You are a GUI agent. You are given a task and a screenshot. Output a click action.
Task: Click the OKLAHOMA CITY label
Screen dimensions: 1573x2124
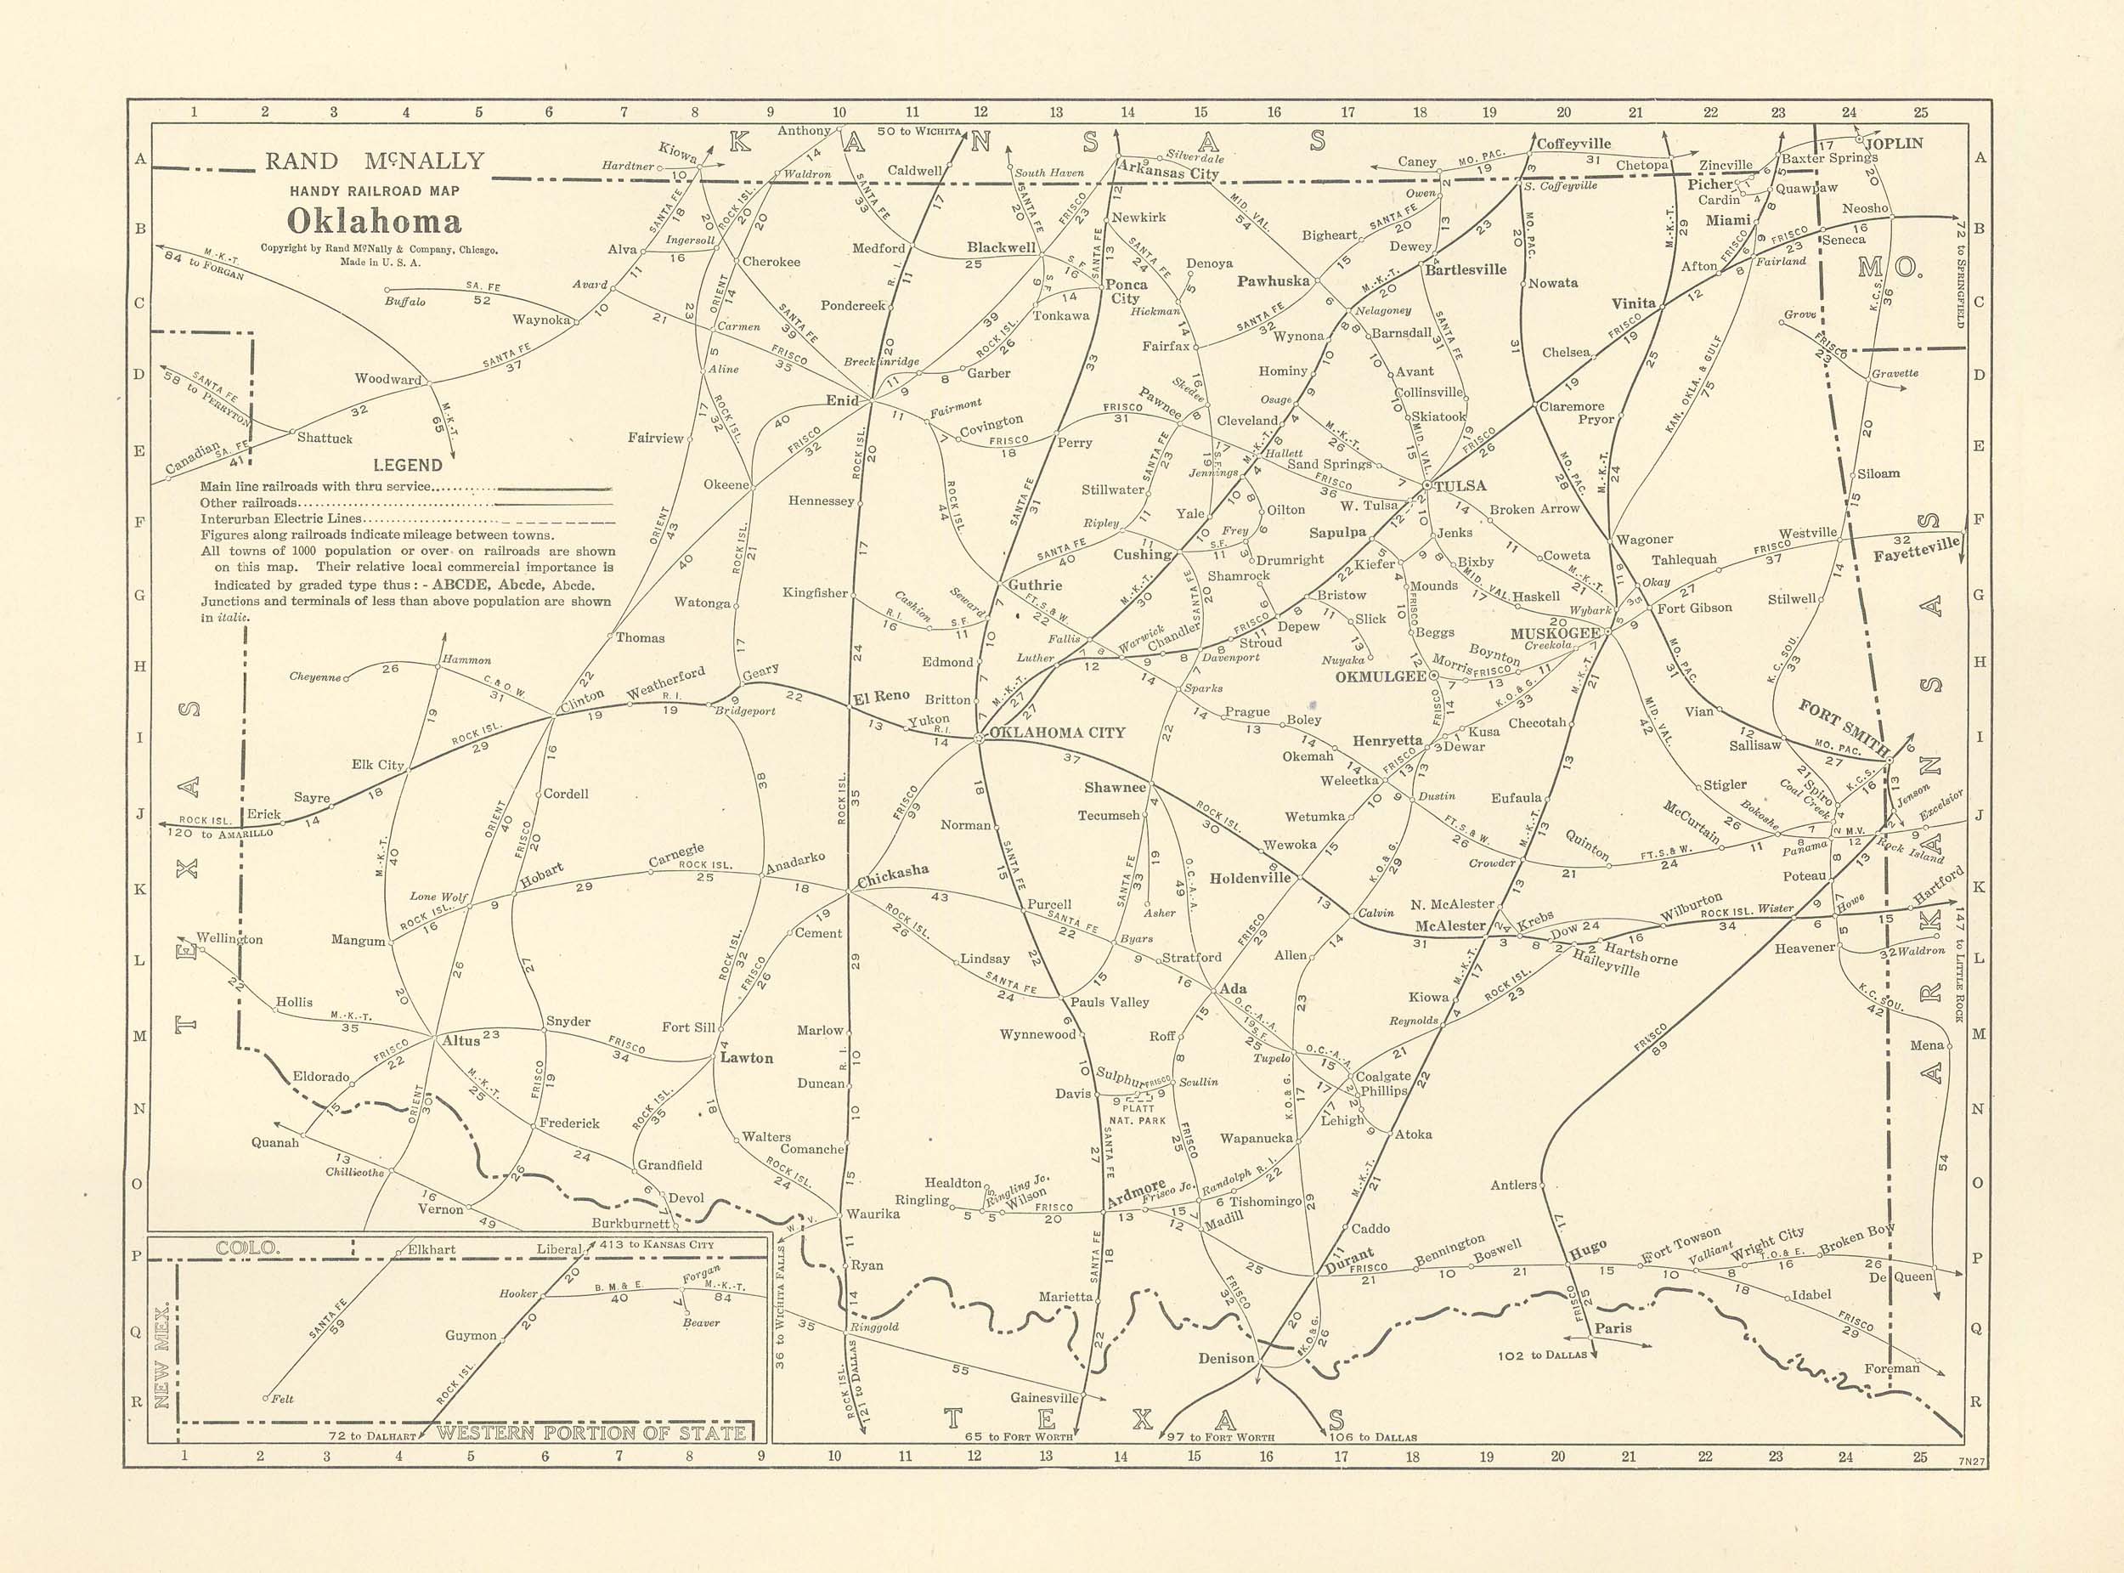[1057, 733]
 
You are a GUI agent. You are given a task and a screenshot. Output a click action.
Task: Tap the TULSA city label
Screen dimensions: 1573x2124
[1460, 485]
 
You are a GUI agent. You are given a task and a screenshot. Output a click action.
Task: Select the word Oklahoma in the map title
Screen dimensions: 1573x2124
[374, 221]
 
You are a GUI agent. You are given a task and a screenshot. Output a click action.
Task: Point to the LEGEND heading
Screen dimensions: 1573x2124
[408, 465]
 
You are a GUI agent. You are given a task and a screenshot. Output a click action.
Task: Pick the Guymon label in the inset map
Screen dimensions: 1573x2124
[471, 1335]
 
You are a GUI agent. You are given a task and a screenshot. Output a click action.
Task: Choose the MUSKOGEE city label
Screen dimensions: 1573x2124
[1555, 633]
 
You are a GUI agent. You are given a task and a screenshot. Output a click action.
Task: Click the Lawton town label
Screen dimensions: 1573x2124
[747, 1058]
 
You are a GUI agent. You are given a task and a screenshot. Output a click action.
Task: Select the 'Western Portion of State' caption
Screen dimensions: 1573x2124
[590, 1433]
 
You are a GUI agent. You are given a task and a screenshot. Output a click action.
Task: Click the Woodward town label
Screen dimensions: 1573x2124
[387, 378]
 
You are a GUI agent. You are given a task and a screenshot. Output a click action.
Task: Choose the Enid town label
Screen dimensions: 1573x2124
[842, 400]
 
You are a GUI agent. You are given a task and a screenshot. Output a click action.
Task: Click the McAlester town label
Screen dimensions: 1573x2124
[1450, 925]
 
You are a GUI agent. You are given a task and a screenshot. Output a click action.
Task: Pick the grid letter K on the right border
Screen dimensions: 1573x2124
[1980, 887]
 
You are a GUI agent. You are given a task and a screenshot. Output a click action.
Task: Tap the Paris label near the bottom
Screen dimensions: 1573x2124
[1613, 1328]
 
